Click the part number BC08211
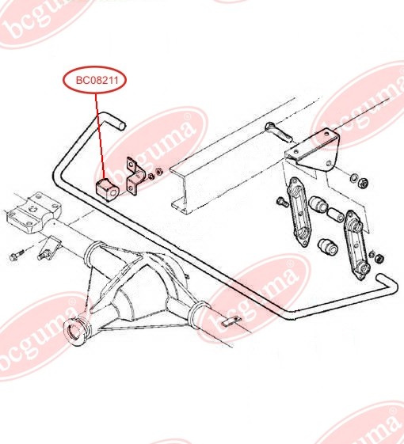(97, 81)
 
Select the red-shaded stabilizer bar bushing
(106, 189)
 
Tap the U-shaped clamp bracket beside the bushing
(135, 177)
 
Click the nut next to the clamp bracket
(159, 172)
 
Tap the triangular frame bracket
(312, 153)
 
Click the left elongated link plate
(300, 212)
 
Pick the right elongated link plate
(356, 244)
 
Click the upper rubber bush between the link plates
(318, 204)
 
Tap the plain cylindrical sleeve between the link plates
(336, 215)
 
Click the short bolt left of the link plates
(283, 202)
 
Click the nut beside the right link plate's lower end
(379, 258)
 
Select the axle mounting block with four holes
(34, 212)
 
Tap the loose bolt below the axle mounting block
(17, 255)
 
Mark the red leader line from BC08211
(101, 135)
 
